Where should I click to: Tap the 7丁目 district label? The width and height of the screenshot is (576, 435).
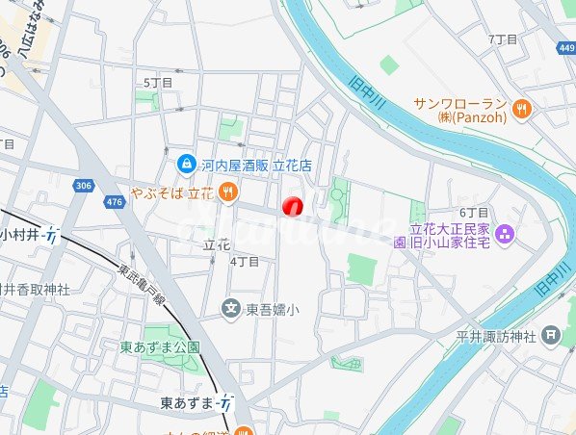tap(503, 39)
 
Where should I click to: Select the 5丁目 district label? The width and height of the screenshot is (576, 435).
tap(158, 83)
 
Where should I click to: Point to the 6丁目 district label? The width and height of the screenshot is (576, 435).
tap(475, 212)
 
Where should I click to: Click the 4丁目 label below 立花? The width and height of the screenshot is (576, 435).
tap(245, 261)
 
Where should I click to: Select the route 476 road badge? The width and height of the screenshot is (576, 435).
tap(115, 201)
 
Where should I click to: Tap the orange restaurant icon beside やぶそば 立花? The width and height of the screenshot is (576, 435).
tap(227, 192)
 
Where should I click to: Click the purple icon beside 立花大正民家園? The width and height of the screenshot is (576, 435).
tap(507, 234)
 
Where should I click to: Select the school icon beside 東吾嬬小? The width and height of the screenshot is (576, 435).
tap(231, 309)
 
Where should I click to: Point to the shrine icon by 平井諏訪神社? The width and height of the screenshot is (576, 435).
tap(550, 336)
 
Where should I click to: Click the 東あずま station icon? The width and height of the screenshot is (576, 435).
tap(224, 400)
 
